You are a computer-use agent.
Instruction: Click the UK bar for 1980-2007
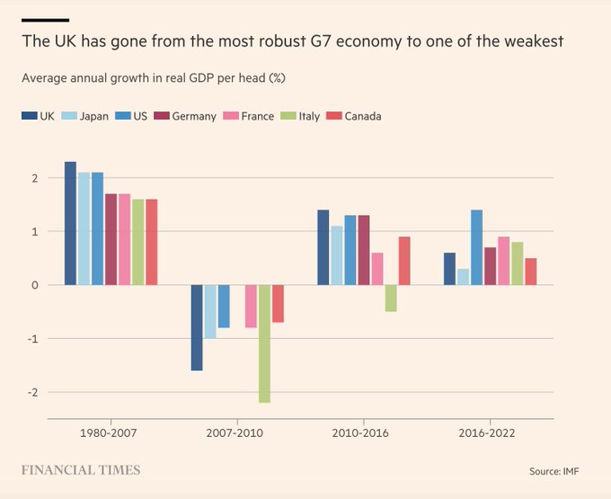pyautogui.click(x=70, y=223)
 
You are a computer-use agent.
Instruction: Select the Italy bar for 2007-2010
pyautogui.click(x=264, y=343)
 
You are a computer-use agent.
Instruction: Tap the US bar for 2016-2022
pyautogui.click(x=476, y=247)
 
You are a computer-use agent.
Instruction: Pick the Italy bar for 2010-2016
pyautogui.click(x=391, y=299)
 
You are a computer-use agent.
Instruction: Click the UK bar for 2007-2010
pyautogui.click(x=197, y=327)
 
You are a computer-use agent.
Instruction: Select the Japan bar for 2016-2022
pyautogui.click(x=463, y=277)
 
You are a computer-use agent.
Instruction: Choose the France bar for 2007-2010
pyautogui.click(x=251, y=306)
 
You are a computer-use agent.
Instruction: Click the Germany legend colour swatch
pyautogui.click(x=162, y=116)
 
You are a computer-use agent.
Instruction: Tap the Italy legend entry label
pyautogui.click(x=311, y=116)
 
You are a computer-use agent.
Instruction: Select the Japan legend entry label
pyautogui.click(x=94, y=116)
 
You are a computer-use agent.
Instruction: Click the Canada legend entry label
pyautogui.click(x=364, y=116)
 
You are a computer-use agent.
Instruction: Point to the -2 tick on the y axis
pyautogui.click(x=33, y=392)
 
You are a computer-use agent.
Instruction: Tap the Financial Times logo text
pyautogui.click(x=81, y=470)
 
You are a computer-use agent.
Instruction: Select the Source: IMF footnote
pyautogui.click(x=562, y=471)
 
